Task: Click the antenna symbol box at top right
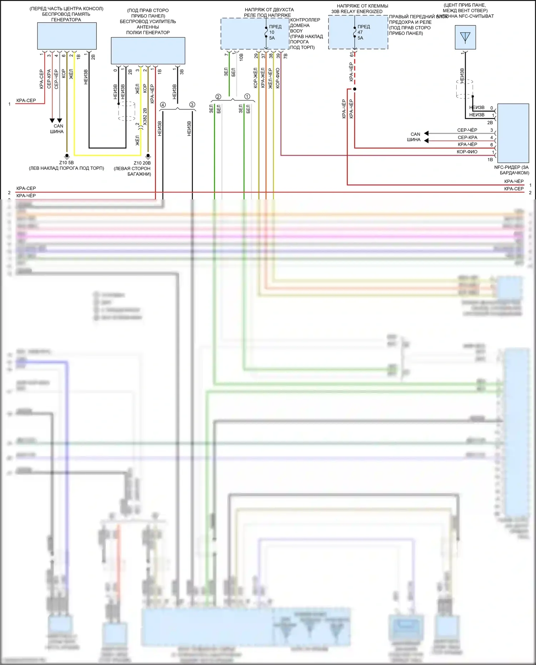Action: pos(465,37)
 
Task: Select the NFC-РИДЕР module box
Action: pos(513,133)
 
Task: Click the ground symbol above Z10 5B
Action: pos(66,156)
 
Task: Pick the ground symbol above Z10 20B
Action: pos(148,156)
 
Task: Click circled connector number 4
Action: pos(163,105)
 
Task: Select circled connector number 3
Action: pos(192,105)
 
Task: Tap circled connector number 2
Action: pos(218,96)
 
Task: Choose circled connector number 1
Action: pos(247,96)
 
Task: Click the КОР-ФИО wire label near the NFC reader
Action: pos(467,152)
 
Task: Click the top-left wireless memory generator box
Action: pos(67,36)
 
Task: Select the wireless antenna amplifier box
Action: pos(148,51)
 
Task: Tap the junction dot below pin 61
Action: pos(354,89)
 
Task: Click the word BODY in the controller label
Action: pos(296,31)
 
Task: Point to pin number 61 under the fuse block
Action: pos(352,54)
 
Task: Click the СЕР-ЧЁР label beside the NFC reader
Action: pos(467,130)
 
